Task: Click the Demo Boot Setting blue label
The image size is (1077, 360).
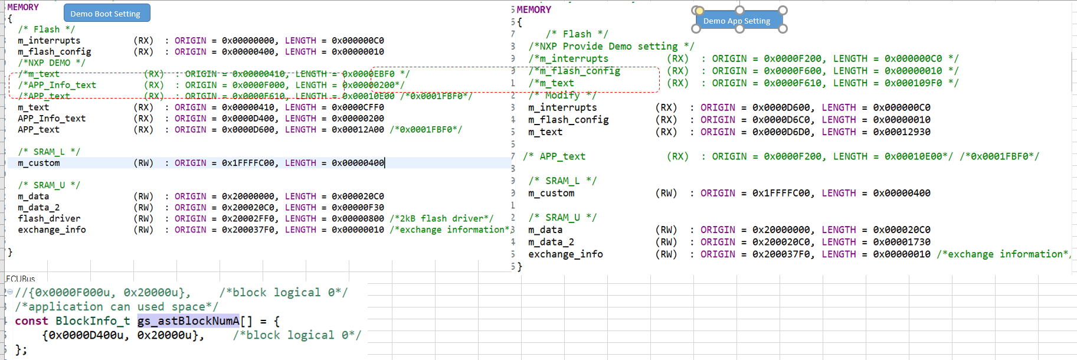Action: click(106, 14)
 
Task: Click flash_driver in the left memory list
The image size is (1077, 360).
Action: click(49, 218)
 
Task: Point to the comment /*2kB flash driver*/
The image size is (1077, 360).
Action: click(441, 218)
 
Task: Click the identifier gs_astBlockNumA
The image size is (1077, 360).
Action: click(188, 321)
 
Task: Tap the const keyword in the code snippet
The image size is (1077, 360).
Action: click(31, 321)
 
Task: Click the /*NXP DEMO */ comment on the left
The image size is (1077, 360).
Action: click(51, 63)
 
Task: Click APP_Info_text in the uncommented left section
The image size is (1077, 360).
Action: click(51, 119)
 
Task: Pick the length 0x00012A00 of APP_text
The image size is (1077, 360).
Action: click(358, 130)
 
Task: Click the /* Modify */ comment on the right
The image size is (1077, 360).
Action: click(562, 95)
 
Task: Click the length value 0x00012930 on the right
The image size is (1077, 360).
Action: click(901, 132)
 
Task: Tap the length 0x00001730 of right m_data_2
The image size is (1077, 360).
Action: click(901, 242)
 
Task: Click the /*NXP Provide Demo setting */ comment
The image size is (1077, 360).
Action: click(611, 46)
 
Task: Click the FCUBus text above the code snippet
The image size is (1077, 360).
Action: click(21, 279)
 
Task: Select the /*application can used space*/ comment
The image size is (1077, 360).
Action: click(116, 307)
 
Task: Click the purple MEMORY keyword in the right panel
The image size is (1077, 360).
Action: click(533, 9)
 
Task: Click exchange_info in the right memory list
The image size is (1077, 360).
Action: click(565, 254)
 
